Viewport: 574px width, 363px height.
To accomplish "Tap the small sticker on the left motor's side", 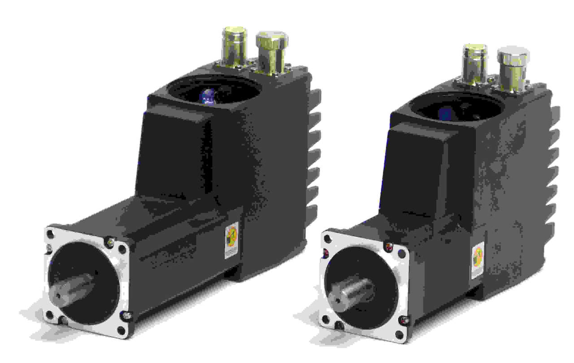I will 231,240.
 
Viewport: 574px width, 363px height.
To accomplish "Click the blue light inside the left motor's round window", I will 208,95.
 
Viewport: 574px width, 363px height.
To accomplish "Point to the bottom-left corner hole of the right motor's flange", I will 326,319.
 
